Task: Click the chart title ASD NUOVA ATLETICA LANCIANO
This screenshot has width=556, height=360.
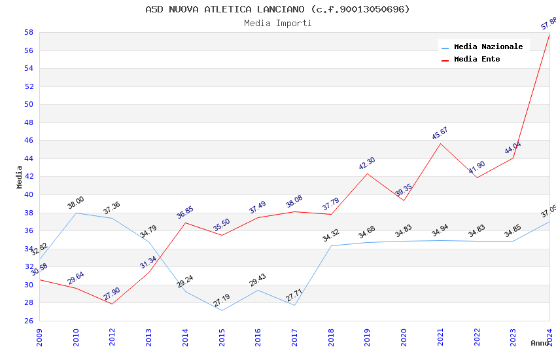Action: [277, 9]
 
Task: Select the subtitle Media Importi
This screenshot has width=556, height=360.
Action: [277, 23]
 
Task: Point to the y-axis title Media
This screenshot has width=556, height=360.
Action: [19, 177]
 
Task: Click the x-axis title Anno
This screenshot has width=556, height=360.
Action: [540, 343]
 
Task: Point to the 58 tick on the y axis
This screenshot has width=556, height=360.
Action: [29, 32]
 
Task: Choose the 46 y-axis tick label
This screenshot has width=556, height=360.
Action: [29, 140]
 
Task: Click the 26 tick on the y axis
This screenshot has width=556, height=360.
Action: [29, 321]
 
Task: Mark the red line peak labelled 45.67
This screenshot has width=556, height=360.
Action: [440, 143]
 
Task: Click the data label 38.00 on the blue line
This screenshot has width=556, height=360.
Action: [76, 203]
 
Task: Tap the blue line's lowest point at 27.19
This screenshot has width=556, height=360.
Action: [222, 310]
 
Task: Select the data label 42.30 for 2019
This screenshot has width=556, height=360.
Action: [367, 164]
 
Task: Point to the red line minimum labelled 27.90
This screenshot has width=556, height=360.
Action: [112, 304]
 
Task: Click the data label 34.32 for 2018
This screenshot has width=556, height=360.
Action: [330, 236]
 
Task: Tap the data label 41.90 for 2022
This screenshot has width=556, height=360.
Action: [476, 168]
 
